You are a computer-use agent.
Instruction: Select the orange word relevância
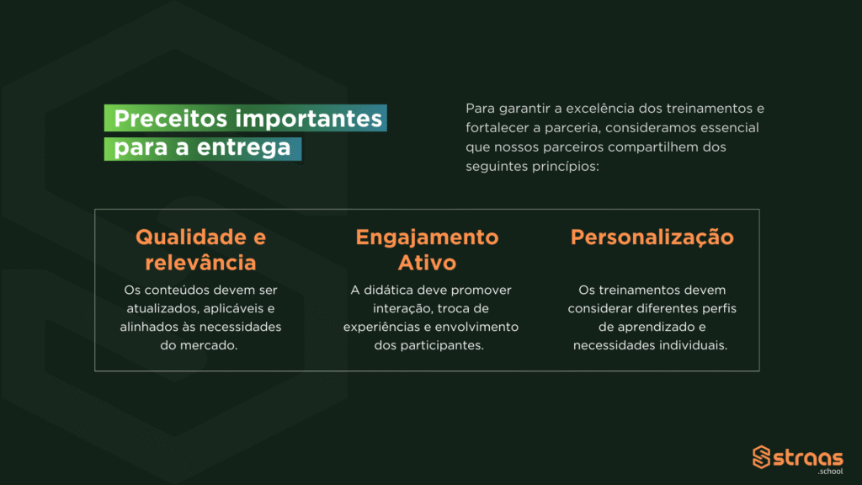pyautogui.click(x=200, y=263)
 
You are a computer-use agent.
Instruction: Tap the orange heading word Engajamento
pyautogui.click(x=427, y=237)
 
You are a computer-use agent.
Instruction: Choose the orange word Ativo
pyautogui.click(x=427, y=263)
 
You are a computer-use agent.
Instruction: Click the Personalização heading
pyautogui.click(x=652, y=237)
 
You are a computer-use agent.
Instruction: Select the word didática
pyautogui.click(x=388, y=290)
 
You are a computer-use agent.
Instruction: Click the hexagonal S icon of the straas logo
pyautogui.click(x=761, y=457)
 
